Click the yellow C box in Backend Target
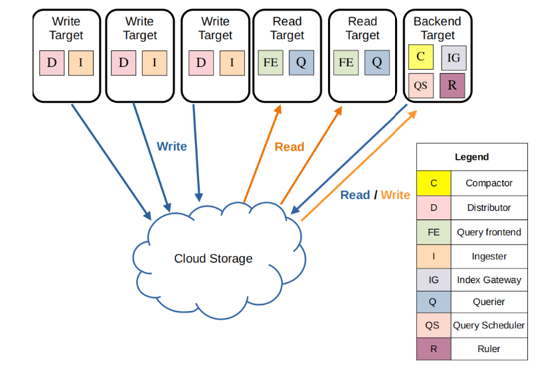(x=420, y=57)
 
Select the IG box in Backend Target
(x=453, y=58)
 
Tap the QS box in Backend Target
(x=420, y=86)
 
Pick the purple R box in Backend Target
(x=452, y=86)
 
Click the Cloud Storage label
(x=213, y=259)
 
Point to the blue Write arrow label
(x=171, y=146)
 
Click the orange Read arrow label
(x=289, y=147)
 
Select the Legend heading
(x=471, y=157)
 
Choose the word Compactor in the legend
(x=489, y=183)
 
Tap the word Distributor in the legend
(x=489, y=208)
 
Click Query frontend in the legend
(x=489, y=232)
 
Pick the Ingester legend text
(x=489, y=256)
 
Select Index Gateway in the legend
(x=489, y=280)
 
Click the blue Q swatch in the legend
(x=434, y=302)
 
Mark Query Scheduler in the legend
(x=489, y=325)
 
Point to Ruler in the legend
(x=489, y=349)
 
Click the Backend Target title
(x=437, y=28)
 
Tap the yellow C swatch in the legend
(x=434, y=183)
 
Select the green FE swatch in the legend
(x=434, y=232)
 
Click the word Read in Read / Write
(x=355, y=195)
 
